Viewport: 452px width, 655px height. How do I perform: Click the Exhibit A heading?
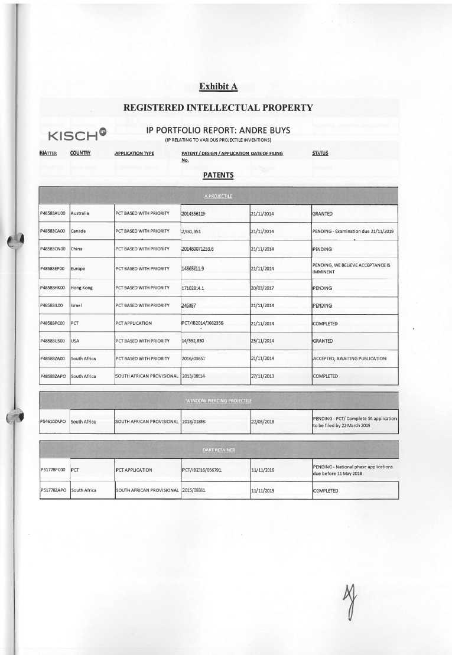click(x=218, y=87)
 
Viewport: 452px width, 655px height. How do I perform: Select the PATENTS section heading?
click(x=218, y=175)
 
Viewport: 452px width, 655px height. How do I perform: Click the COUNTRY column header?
click(x=80, y=154)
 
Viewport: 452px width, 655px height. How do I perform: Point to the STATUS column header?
click(x=320, y=154)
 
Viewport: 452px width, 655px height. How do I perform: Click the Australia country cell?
click(x=80, y=213)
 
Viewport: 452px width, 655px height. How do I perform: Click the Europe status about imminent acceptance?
click(x=351, y=269)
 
